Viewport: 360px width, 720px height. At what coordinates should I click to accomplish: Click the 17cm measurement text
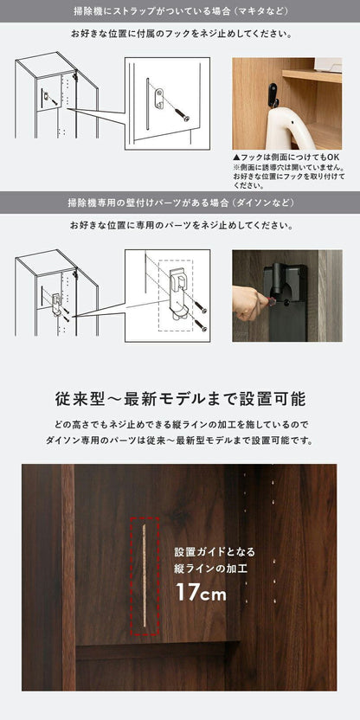(201, 592)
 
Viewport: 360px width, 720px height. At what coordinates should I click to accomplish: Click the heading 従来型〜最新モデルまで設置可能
(180, 399)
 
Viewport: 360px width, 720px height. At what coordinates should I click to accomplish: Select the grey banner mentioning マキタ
(180, 11)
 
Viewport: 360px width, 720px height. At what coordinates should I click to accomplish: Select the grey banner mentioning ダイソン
(180, 202)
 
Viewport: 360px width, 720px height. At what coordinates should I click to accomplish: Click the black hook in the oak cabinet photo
(273, 94)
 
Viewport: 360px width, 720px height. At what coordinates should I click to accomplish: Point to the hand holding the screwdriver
(248, 302)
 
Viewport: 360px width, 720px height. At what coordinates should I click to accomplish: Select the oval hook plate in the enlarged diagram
(159, 99)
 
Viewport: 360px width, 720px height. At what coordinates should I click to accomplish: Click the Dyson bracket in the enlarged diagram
(177, 293)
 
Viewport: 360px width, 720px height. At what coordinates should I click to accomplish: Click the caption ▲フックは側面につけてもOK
(286, 157)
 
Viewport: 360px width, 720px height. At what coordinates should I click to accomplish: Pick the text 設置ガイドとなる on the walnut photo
(215, 551)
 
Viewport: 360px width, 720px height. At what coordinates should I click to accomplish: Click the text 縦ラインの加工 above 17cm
(211, 569)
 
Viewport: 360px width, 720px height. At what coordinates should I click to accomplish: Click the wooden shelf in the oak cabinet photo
(312, 76)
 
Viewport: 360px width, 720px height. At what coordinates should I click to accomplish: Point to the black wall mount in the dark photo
(286, 302)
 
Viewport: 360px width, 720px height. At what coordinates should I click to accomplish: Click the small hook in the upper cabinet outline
(47, 96)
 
